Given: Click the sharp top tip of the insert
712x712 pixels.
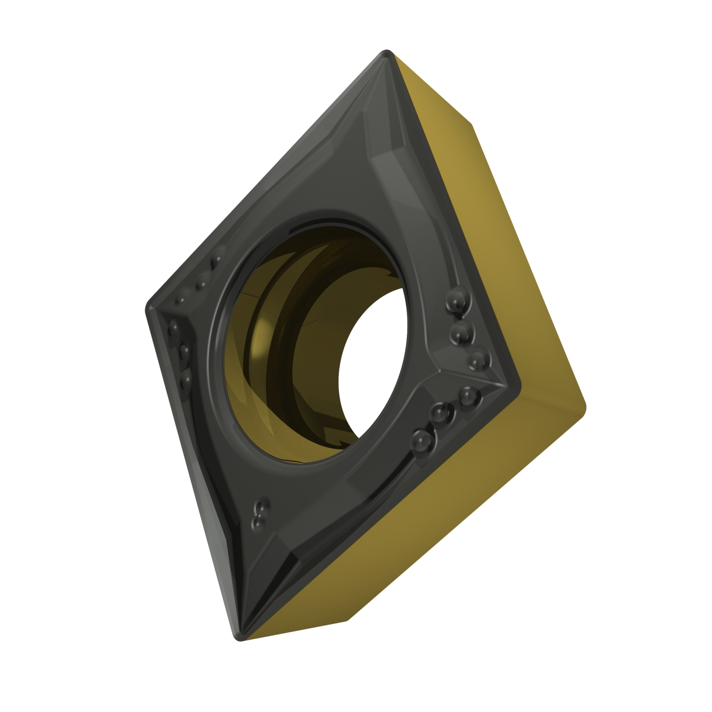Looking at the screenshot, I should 387,52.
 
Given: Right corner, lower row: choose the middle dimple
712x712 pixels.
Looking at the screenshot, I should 440,414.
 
